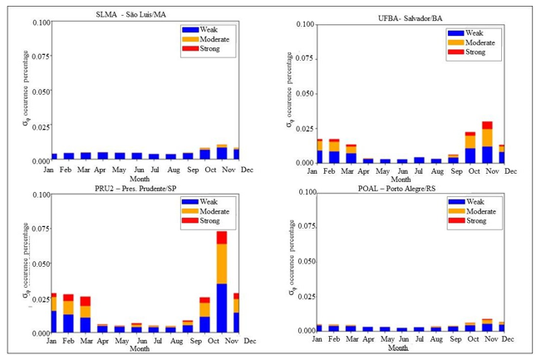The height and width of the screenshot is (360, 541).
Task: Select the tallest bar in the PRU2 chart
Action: tap(222, 283)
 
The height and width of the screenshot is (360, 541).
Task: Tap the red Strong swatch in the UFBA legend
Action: tap(455, 52)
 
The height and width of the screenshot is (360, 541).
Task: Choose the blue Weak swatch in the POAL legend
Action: tap(456, 201)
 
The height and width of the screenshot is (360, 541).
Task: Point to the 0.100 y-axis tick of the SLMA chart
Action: tap(40, 22)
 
